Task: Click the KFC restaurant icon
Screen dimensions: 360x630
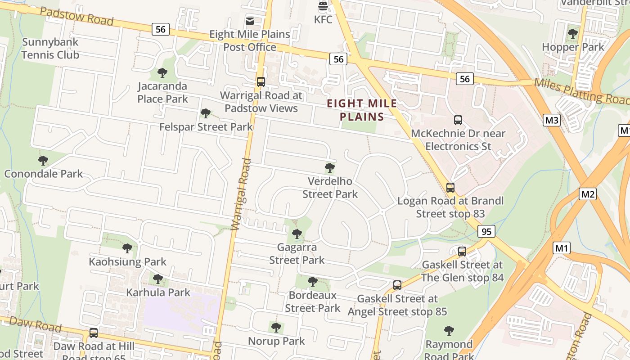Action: click(323, 6)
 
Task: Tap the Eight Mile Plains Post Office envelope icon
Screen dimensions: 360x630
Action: click(250, 21)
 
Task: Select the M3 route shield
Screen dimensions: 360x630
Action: click(552, 120)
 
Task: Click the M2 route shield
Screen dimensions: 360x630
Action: click(588, 194)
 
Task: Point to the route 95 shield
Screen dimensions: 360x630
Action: click(486, 231)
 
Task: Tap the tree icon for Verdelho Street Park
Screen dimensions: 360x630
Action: click(330, 168)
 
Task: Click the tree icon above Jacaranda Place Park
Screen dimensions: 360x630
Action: click(162, 72)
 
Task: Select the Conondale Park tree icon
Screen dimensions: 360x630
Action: click(43, 160)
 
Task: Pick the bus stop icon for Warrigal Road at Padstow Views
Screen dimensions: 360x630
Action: click(261, 82)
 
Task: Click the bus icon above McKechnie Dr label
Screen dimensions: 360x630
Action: click(458, 120)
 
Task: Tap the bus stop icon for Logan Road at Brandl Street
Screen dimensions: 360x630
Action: click(450, 187)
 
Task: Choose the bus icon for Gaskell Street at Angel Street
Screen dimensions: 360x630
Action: click(397, 285)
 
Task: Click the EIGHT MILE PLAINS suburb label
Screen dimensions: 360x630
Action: click(362, 110)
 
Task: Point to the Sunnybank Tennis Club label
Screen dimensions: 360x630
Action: click(50, 49)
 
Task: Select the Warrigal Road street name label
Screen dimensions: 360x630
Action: click(240, 194)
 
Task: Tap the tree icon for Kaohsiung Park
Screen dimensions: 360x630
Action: click(127, 248)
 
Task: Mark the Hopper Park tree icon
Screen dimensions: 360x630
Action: click(573, 33)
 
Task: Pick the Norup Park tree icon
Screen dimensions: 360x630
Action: click(276, 327)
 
